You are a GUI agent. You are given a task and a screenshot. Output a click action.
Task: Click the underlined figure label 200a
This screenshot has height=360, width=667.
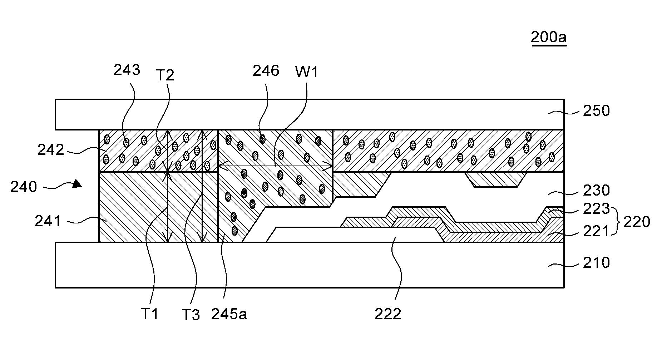click(549, 37)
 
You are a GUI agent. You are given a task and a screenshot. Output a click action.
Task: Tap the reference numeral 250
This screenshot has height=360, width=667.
click(596, 111)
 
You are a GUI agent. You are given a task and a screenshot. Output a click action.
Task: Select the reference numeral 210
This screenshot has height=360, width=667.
click(596, 263)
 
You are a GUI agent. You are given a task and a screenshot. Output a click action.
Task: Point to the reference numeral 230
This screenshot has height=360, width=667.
click(596, 190)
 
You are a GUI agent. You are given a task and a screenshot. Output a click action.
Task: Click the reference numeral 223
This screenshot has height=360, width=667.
click(596, 209)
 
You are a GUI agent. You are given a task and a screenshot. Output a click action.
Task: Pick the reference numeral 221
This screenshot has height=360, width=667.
click(596, 231)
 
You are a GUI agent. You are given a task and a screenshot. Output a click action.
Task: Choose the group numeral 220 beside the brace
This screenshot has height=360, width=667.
click(637, 222)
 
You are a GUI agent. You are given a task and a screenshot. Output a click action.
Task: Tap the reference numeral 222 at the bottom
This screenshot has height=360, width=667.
click(388, 314)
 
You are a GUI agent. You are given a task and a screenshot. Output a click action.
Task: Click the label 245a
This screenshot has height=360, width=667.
click(229, 314)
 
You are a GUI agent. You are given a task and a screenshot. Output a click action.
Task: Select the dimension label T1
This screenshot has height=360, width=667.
click(149, 314)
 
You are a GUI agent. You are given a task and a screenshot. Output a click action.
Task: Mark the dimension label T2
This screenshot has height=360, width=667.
click(165, 75)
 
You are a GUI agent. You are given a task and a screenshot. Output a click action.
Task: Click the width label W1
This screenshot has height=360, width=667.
click(307, 73)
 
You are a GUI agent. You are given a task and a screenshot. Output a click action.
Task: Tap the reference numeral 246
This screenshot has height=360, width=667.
click(266, 71)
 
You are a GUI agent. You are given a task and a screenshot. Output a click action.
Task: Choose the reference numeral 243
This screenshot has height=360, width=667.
click(127, 70)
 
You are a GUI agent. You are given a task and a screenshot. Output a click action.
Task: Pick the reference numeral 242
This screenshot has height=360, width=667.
click(51, 150)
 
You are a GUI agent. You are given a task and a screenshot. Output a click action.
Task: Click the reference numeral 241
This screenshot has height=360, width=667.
click(48, 222)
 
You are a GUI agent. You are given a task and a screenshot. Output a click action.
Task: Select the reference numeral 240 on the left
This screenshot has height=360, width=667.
click(24, 187)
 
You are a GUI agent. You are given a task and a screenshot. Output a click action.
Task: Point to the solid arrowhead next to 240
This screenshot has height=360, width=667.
click(77, 184)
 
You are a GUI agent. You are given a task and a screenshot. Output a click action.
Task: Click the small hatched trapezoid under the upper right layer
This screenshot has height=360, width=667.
click(495, 179)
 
